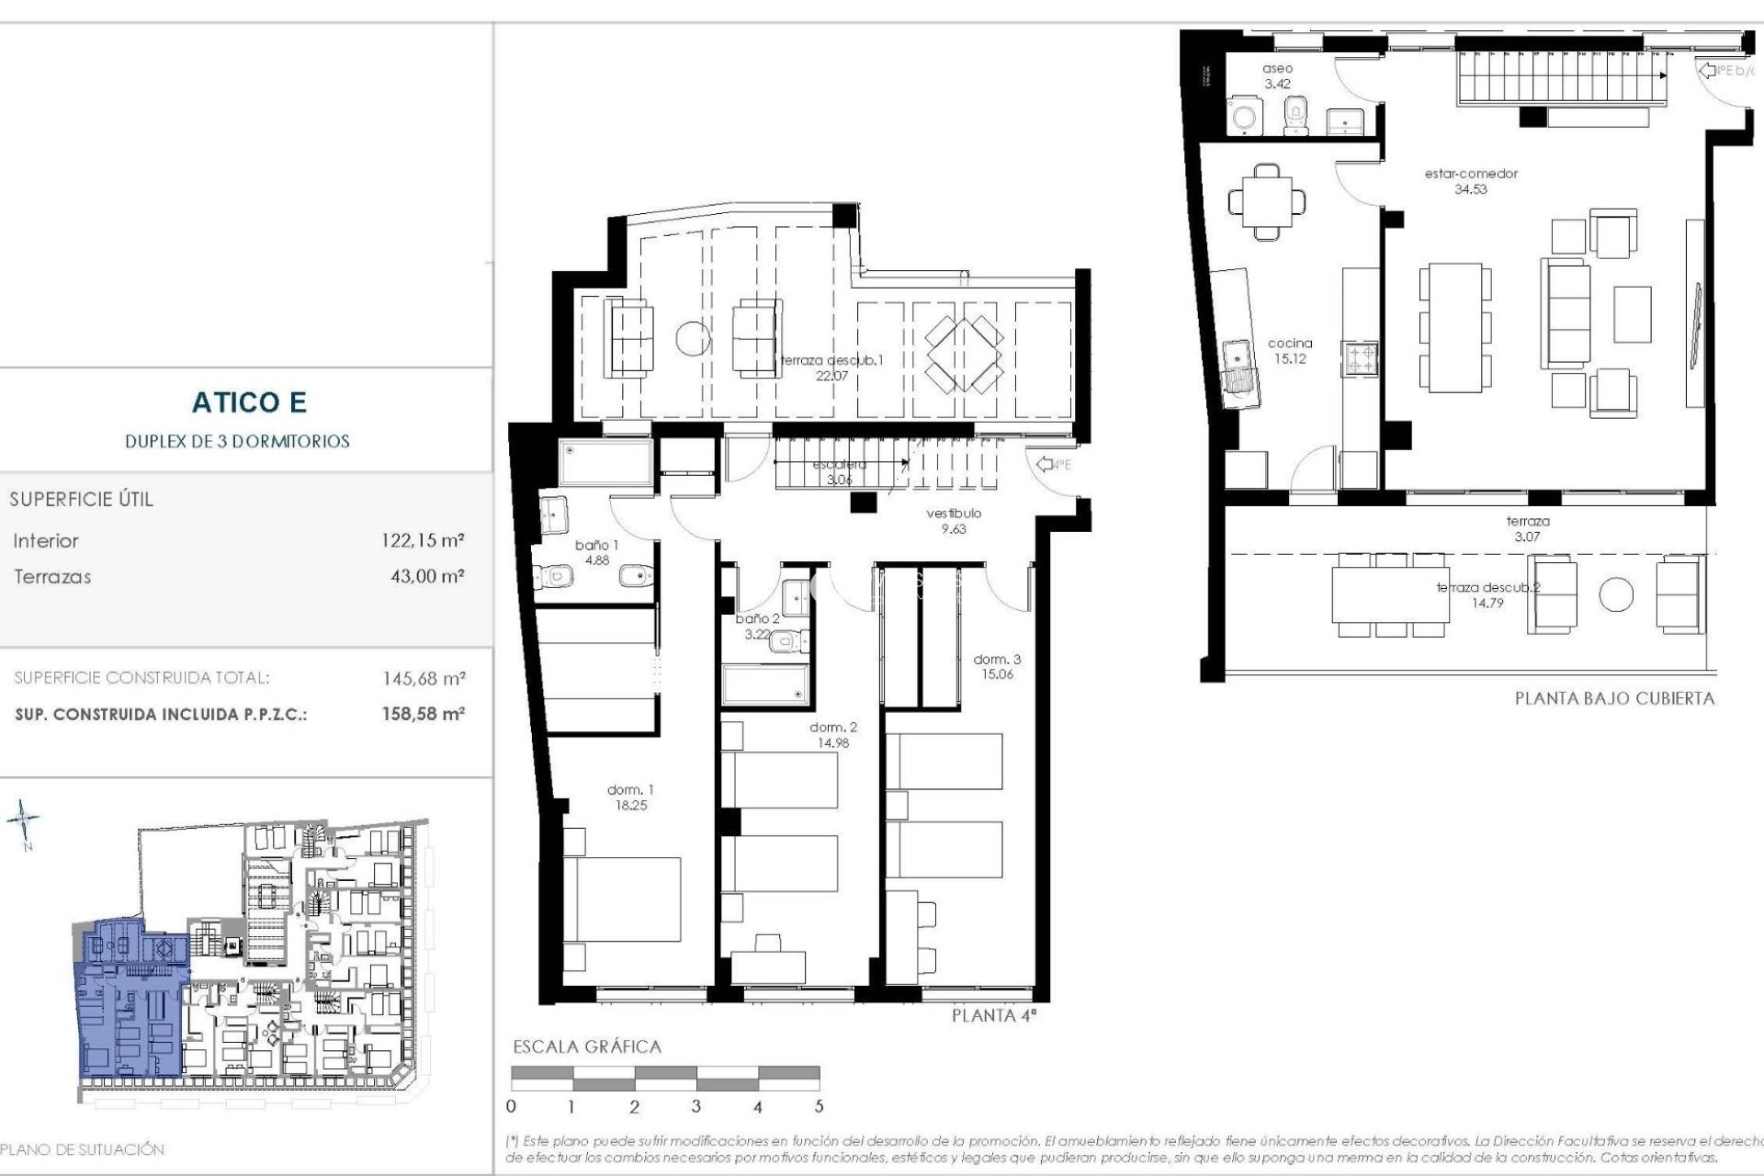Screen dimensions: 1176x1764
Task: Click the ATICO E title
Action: coord(249,402)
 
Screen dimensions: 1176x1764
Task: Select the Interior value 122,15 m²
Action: coord(423,540)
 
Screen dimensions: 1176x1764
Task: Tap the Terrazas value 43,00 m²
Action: coord(427,577)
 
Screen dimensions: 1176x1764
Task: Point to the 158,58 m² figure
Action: coord(424,714)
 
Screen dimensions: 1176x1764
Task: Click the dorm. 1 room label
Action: coord(630,797)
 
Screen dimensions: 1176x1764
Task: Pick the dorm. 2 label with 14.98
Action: coord(833,735)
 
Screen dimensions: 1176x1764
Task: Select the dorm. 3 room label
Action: coord(997,666)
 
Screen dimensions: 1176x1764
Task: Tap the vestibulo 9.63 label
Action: coord(954,521)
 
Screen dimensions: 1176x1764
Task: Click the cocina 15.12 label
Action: coord(1290,351)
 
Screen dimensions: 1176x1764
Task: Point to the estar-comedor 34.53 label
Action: coord(1471,181)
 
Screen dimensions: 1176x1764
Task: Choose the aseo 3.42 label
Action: coord(1277,75)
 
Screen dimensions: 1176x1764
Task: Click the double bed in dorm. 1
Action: coord(622,900)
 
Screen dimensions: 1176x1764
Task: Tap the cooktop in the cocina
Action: coord(1361,359)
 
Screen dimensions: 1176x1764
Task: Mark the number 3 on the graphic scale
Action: coord(696,1107)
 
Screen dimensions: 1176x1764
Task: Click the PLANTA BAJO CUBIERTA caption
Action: coord(1614,698)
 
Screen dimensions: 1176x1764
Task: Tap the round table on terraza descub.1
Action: coord(694,338)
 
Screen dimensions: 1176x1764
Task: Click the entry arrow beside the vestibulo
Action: coord(1046,465)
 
